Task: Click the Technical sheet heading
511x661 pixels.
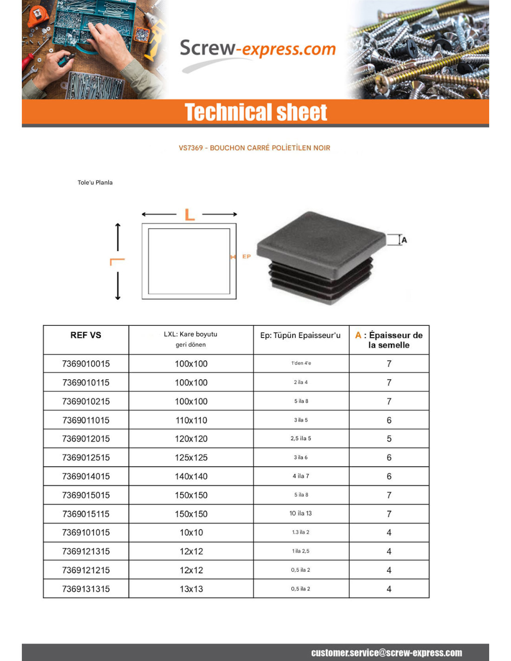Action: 255,112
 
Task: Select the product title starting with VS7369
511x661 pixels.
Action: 254,148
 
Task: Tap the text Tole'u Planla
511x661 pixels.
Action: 95,183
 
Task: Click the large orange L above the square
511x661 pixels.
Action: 190,215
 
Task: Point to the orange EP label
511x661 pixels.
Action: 246,257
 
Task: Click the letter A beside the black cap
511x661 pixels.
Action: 404,240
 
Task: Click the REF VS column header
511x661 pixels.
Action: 86,335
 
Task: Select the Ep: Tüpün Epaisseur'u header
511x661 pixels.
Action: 300,335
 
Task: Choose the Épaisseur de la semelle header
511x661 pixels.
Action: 389,340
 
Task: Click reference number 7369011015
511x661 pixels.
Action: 86,420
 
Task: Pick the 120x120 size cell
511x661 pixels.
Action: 191,439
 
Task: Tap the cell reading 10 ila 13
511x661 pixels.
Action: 301,514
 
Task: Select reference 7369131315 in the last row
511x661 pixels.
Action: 86,589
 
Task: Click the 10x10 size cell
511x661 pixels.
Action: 191,533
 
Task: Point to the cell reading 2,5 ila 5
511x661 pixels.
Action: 301,438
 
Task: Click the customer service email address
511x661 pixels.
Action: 387,653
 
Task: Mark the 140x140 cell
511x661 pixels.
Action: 191,476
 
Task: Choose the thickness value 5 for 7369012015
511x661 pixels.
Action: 389,439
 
